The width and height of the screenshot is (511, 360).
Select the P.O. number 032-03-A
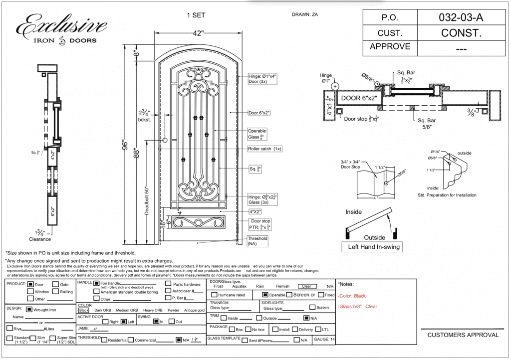coord(461,17)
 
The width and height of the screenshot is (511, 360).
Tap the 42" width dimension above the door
coord(198,33)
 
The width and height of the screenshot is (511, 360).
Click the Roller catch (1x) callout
coord(264,149)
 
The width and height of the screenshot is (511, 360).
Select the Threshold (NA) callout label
coord(257,241)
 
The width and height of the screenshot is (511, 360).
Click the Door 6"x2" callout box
coord(259,113)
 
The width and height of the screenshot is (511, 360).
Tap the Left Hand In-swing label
coord(374,247)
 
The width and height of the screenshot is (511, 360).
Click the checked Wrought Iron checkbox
coord(29,310)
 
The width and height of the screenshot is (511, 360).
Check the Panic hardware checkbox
coord(168,284)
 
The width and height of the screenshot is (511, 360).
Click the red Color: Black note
coord(352,296)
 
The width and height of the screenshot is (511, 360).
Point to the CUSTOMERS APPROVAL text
coord(463,335)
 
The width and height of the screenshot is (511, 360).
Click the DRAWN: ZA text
coord(304,14)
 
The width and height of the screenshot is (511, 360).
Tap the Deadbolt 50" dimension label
coord(147,199)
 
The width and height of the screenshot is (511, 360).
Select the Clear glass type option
coord(305,287)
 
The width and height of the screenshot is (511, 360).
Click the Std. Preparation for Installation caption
coord(447,195)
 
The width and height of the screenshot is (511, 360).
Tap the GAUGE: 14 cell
coord(323,340)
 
